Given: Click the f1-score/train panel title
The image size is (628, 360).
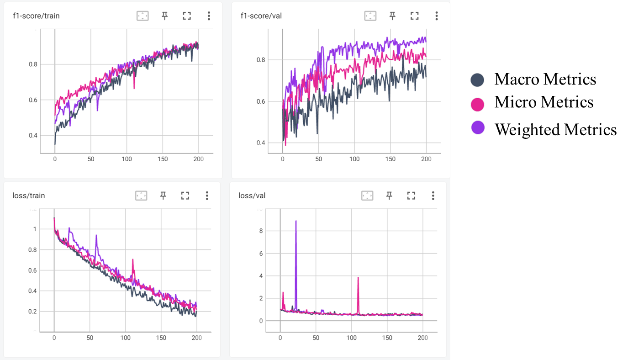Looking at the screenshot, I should (37, 16).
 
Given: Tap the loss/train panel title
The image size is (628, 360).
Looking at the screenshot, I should (29, 196).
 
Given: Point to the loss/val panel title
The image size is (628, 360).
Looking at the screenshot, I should (252, 196).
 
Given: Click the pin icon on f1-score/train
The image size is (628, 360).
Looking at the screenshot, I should (165, 16).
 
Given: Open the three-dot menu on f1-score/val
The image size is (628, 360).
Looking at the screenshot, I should (437, 16).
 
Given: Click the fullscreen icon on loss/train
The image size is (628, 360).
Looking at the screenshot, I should (185, 196).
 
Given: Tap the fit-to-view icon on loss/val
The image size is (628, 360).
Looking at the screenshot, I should (367, 196).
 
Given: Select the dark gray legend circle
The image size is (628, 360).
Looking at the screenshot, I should (477, 80).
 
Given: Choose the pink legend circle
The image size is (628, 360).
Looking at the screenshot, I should (477, 105).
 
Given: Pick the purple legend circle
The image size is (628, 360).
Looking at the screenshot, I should (478, 127).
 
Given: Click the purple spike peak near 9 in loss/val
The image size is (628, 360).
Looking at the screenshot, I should (296, 221).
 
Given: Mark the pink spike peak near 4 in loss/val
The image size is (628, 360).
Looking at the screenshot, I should (358, 277).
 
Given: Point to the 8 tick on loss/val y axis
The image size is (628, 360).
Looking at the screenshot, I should (261, 231).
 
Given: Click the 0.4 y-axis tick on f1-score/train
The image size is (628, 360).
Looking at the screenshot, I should (32, 136).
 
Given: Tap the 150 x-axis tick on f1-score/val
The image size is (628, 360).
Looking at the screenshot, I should (391, 159).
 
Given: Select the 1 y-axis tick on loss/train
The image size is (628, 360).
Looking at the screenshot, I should (34, 229).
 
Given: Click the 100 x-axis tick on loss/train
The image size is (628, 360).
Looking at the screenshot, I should (125, 338).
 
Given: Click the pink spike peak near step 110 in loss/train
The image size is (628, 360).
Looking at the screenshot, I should (132, 259).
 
